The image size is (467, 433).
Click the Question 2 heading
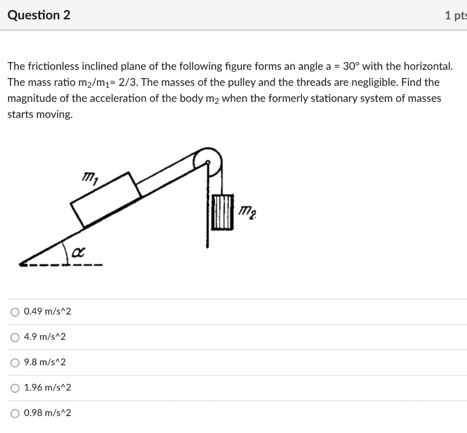pos(39,15)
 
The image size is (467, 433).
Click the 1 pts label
pos(455,16)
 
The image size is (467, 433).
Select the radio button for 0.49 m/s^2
pos(16,312)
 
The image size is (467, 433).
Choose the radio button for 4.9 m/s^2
pos(16,338)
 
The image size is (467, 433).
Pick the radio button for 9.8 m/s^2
pos(16,363)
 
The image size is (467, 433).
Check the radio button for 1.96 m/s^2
pos(16,388)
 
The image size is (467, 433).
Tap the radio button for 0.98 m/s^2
pos(16,413)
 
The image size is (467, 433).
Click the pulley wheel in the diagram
pos(208,160)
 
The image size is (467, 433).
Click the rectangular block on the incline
pos(106,199)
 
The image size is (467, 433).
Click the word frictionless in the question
pos(53,67)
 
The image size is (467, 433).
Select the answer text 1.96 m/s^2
pos(47,388)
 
